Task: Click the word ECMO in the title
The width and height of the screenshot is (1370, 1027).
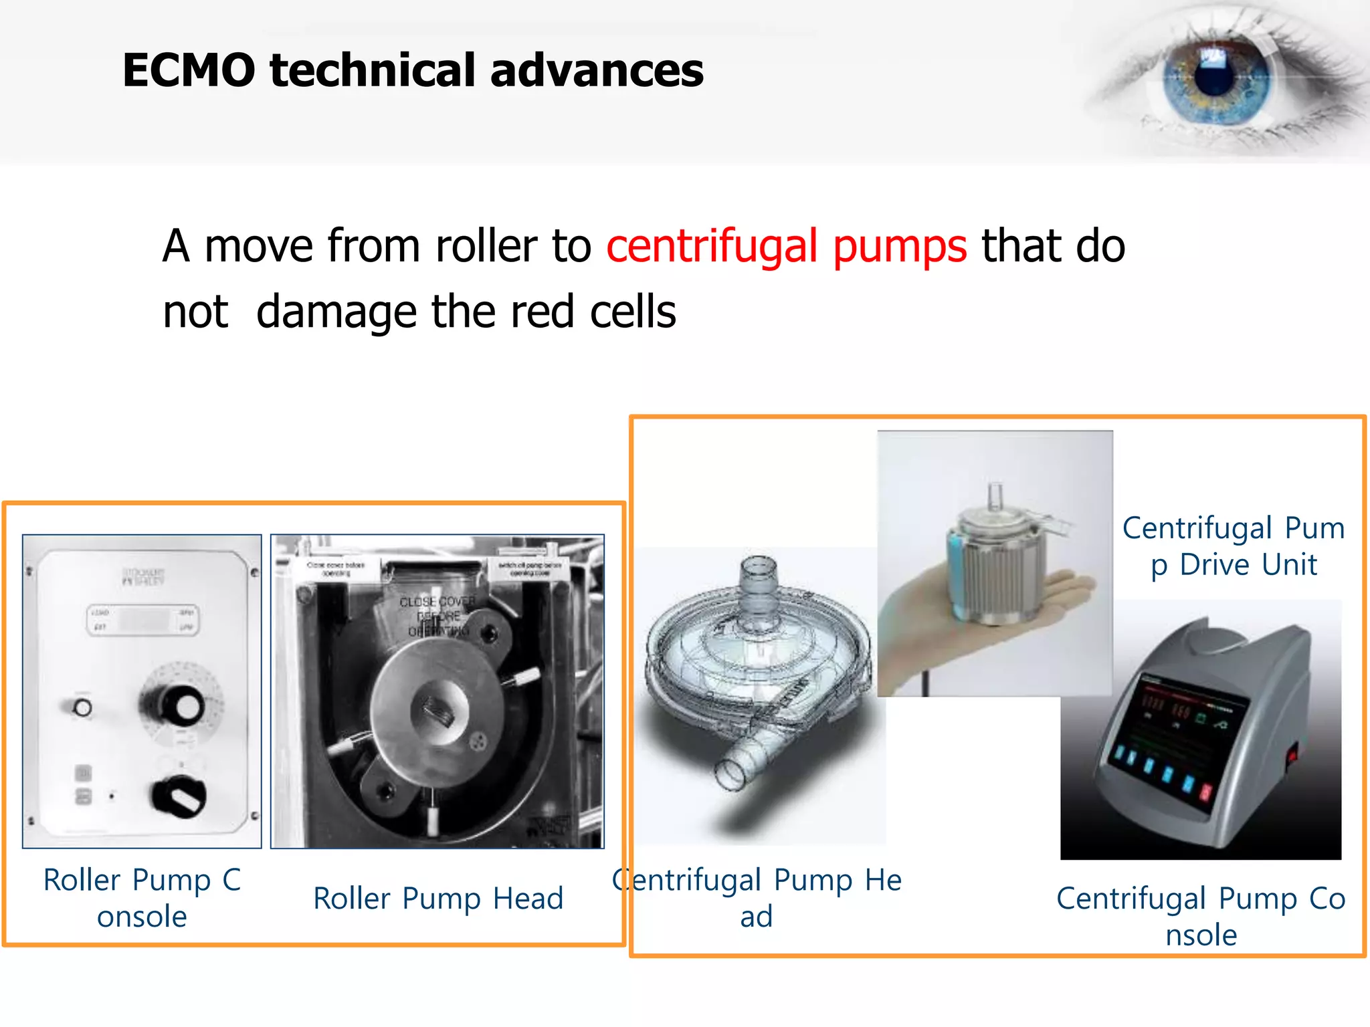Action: click(189, 70)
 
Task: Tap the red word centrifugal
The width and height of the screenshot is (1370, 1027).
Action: click(712, 246)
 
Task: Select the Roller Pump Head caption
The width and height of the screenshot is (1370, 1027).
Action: click(438, 898)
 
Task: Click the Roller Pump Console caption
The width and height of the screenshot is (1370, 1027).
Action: click(142, 898)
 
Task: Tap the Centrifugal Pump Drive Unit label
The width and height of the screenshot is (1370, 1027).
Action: click(1233, 546)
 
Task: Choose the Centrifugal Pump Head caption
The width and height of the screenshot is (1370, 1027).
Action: click(757, 898)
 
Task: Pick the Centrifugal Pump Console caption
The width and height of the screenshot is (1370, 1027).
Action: click(1201, 916)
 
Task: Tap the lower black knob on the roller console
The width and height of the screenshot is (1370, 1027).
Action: click(179, 796)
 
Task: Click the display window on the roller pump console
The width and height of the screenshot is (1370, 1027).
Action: click(142, 620)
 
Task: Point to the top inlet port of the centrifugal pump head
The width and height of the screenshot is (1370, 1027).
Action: click(758, 572)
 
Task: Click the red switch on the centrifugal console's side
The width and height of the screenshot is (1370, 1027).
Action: click(1292, 756)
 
